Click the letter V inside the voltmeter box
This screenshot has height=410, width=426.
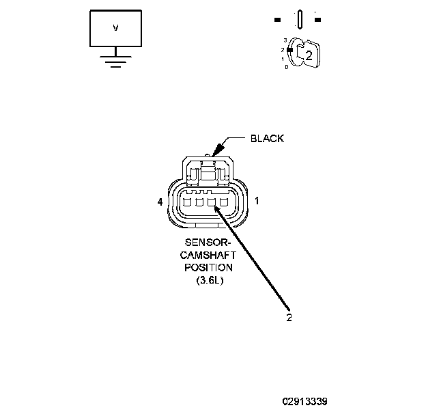click(115, 28)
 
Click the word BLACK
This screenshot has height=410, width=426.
click(267, 139)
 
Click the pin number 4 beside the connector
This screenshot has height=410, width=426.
click(159, 202)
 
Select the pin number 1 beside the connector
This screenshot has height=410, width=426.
click(257, 202)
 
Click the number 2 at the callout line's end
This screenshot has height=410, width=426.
click(289, 317)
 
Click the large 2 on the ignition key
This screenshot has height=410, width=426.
click(309, 56)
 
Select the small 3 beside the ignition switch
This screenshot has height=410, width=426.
click(285, 42)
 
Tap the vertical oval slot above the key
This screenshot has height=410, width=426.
click(300, 19)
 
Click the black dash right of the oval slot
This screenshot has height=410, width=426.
click(317, 19)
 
